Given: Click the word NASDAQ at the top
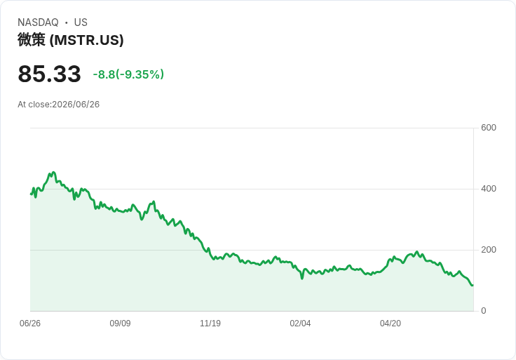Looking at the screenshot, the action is (x=38, y=22).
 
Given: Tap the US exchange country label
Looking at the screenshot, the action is (x=81, y=22).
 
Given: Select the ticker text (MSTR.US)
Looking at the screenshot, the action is (x=86, y=40).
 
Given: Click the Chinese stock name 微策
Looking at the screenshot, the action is (x=32, y=40).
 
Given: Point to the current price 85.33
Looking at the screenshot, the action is (x=49, y=74).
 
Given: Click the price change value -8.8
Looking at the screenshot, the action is (x=104, y=74).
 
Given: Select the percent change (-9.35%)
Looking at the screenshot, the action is (x=140, y=74).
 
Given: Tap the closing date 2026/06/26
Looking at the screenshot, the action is (x=76, y=105).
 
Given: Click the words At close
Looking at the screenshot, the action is (x=34, y=105).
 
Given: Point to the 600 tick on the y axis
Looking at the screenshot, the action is (x=489, y=128).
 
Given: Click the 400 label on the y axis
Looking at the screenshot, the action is (x=489, y=189).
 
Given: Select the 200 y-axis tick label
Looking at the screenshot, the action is (x=489, y=250).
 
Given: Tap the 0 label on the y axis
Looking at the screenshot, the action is (x=484, y=311).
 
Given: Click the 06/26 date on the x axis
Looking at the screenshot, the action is (x=30, y=324).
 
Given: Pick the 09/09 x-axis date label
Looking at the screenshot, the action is (x=120, y=324).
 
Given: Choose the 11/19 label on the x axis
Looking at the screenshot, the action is (x=210, y=324).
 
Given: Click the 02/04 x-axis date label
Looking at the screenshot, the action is (x=300, y=324).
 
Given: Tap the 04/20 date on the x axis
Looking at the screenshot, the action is (x=391, y=324).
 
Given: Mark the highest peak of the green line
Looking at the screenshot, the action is (x=54, y=172).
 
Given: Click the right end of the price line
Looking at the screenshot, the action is (x=473, y=285).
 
